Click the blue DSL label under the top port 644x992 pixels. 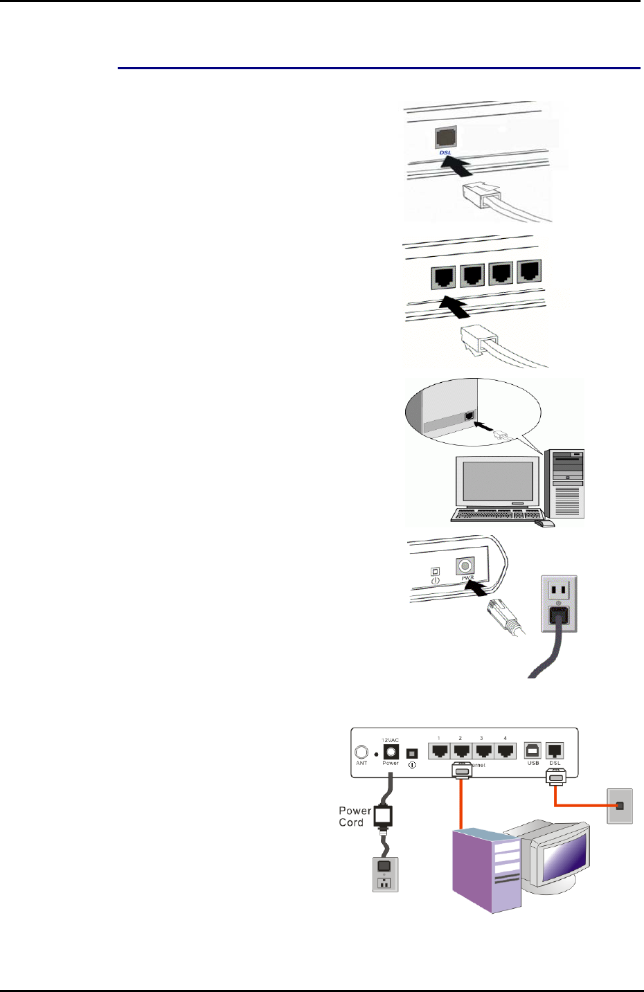445,152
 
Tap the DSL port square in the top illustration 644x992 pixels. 445,137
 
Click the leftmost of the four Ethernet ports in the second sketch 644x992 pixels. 443,277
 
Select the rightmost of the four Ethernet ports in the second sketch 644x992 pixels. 530,271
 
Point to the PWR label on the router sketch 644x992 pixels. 467,579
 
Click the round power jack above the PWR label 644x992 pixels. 465,566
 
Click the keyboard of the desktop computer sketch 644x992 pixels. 496,515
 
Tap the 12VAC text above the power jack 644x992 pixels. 391,739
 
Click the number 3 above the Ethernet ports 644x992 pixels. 481,739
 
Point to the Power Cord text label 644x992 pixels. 354,817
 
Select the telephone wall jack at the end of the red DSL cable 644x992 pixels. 619,806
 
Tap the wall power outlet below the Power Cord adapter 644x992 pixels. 386,874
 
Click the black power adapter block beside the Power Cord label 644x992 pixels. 384,815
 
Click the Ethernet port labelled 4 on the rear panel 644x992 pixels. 506,750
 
